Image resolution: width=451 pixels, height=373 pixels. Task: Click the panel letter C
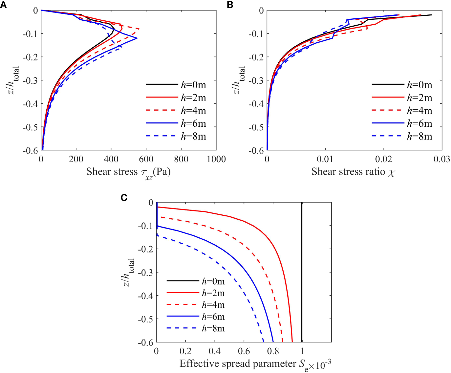pos(124,197)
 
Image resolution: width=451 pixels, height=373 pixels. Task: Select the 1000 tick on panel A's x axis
pos(216,159)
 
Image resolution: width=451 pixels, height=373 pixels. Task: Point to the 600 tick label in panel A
pos(146,159)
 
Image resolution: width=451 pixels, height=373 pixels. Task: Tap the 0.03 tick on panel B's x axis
pos(442,159)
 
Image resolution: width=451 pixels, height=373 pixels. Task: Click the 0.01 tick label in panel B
pos(325,159)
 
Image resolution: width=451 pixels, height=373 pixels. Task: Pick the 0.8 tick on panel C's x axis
pos(273,351)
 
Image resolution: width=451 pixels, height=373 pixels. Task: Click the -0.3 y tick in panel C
pos(145,273)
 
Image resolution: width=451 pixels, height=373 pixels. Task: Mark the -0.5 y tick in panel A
pos(31,127)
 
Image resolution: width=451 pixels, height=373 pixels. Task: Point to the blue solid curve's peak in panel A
pos(137,38)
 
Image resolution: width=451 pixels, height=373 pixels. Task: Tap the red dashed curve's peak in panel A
pos(139,29)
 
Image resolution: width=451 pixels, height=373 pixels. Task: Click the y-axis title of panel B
pos(239,80)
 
